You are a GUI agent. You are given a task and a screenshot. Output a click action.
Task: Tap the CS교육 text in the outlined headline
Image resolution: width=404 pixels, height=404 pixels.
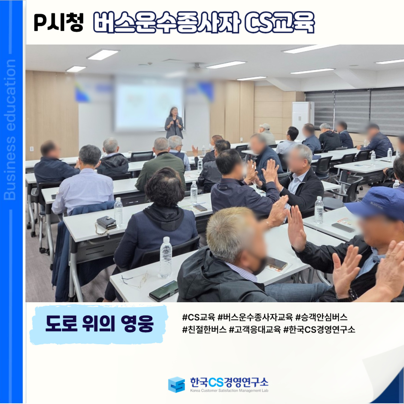(279, 22)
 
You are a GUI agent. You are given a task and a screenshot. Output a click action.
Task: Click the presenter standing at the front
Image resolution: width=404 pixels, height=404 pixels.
(174, 123)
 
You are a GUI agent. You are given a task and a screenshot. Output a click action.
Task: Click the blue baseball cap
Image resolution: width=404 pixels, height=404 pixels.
(377, 202)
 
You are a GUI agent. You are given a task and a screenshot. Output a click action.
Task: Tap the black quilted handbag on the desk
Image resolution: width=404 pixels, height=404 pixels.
(106, 223)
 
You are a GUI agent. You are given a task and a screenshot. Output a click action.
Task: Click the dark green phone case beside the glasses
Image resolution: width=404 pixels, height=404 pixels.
(163, 291)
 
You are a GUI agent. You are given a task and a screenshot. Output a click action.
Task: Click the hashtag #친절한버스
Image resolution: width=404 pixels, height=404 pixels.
(204, 329)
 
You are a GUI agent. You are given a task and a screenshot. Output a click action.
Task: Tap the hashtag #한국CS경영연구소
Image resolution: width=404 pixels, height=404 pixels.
(319, 329)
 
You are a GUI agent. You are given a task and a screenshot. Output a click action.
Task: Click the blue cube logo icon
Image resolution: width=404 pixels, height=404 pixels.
(177, 385)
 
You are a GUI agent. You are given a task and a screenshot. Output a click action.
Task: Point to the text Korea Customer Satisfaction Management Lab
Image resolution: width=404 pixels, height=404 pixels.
(229, 391)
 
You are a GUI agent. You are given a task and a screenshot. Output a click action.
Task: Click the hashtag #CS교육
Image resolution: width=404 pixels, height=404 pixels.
(198, 317)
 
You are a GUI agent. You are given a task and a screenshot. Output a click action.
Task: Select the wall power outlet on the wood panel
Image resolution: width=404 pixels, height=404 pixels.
(32, 149)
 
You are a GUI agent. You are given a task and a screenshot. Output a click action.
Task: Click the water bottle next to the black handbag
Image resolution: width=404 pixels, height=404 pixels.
(118, 212)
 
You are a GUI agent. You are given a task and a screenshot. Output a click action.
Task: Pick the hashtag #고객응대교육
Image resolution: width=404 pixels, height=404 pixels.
(255, 329)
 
